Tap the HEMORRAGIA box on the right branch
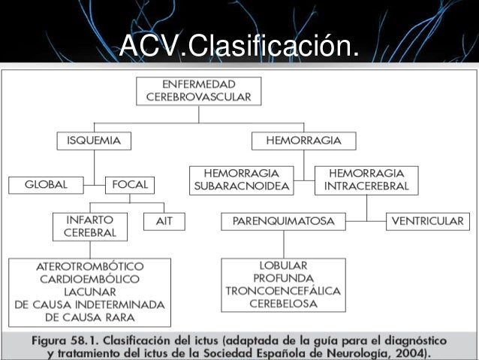coord(303,141)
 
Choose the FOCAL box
coord(130,184)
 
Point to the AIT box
coord(164,222)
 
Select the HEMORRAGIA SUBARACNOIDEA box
coord(241,179)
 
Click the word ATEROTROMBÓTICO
coord(90,267)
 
